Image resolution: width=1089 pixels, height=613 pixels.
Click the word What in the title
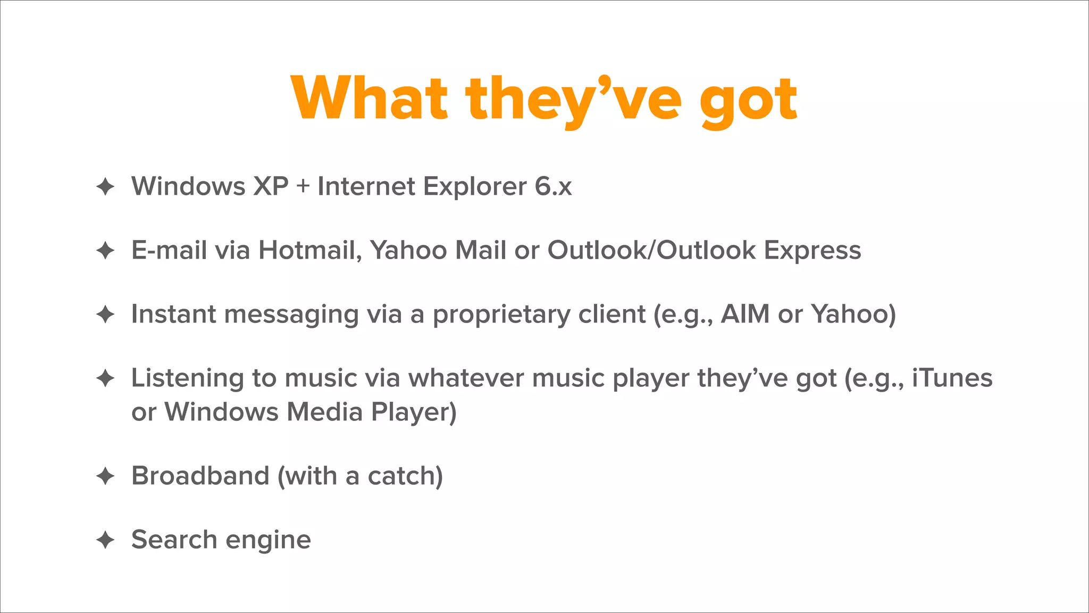pyautogui.click(x=369, y=98)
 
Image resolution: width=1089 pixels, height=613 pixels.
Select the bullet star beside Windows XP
pyautogui.click(x=105, y=186)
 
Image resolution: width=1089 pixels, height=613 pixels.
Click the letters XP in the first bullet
pyautogui.click(x=271, y=186)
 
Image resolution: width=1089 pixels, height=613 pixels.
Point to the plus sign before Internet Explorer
pyautogui.click(x=303, y=187)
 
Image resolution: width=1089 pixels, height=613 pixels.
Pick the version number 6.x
pyautogui.click(x=553, y=186)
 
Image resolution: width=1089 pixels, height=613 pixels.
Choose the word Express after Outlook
pyautogui.click(x=812, y=250)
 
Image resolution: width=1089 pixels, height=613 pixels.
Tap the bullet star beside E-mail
pyautogui.click(x=105, y=250)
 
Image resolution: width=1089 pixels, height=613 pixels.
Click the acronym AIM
pyautogui.click(x=745, y=314)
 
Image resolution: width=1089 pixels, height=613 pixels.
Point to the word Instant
pyautogui.click(x=173, y=314)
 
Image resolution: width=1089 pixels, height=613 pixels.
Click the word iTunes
pyautogui.click(x=952, y=378)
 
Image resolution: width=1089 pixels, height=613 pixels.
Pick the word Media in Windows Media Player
pyautogui.click(x=324, y=412)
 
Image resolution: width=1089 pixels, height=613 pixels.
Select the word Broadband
pyautogui.click(x=200, y=476)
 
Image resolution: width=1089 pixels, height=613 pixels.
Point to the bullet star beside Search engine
pyautogui.click(x=105, y=540)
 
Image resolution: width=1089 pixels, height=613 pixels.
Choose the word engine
pyautogui.click(x=268, y=541)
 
